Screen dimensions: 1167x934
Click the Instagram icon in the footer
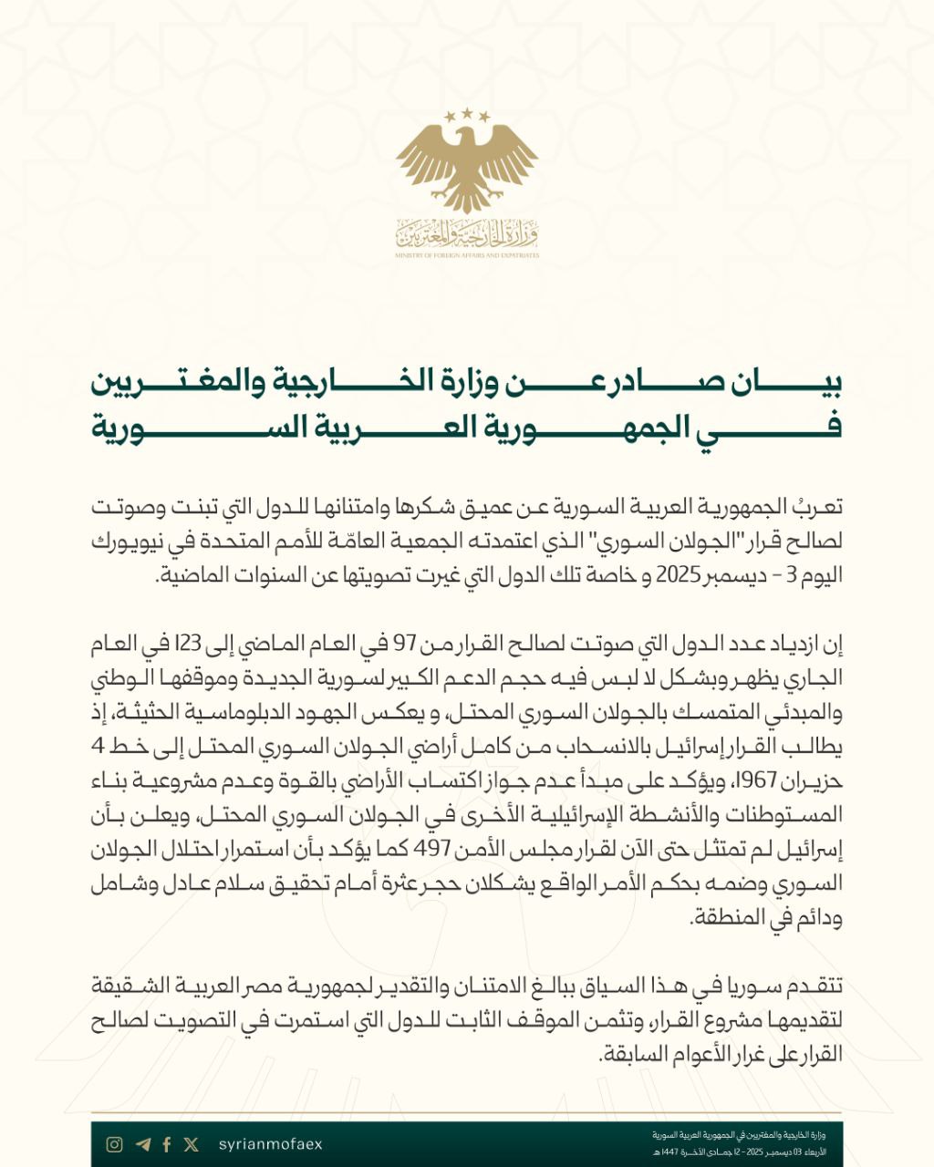pyautogui.click(x=114, y=1144)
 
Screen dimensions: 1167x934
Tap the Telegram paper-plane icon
pyautogui.click(x=141, y=1144)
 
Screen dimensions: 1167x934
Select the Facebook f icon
pyautogui.click(x=167, y=1144)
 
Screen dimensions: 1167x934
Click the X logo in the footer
pyautogui.click(x=191, y=1144)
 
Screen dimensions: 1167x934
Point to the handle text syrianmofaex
pyautogui.click(x=271, y=1144)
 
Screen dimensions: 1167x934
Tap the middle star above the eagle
pyautogui.click(x=467, y=112)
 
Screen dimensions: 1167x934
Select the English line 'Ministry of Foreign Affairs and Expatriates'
pyautogui.click(x=467, y=256)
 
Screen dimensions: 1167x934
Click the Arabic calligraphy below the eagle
pyautogui.click(x=467, y=235)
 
